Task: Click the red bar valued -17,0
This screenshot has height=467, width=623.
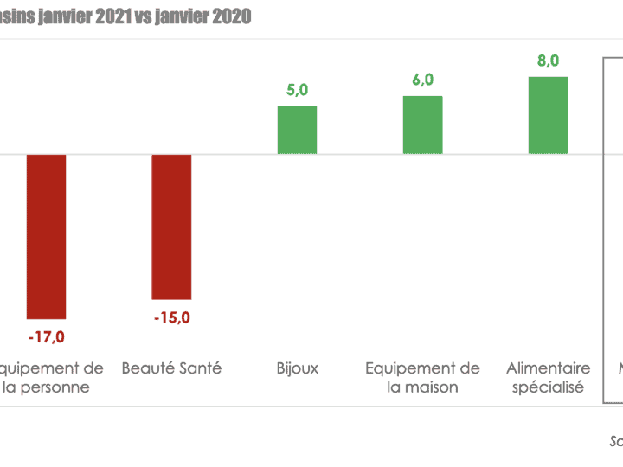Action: click(46, 236)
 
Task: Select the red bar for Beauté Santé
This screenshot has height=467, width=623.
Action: click(171, 227)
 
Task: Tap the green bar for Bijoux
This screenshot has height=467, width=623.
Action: click(297, 130)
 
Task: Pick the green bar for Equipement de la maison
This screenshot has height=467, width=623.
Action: click(422, 125)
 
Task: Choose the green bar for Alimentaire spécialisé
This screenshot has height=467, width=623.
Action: click(548, 115)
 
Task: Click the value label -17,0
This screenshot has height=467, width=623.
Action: click(46, 336)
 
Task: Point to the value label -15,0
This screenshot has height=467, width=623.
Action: click(171, 317)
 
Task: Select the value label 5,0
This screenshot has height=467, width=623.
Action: click(297, 91)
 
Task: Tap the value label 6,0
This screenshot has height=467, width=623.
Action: click(422, 80)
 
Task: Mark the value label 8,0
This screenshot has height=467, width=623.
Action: click(548, 61)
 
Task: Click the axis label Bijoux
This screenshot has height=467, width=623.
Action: click(297, 368)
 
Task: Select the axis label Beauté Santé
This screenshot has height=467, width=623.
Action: click(171, 368)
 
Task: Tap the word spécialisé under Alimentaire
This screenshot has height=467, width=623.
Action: click(548, 387)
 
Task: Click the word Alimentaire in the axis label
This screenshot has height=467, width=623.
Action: click(548, 368)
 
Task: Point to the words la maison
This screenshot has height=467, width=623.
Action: click(422, 387)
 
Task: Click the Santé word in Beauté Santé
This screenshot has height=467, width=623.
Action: click(200, 368)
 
